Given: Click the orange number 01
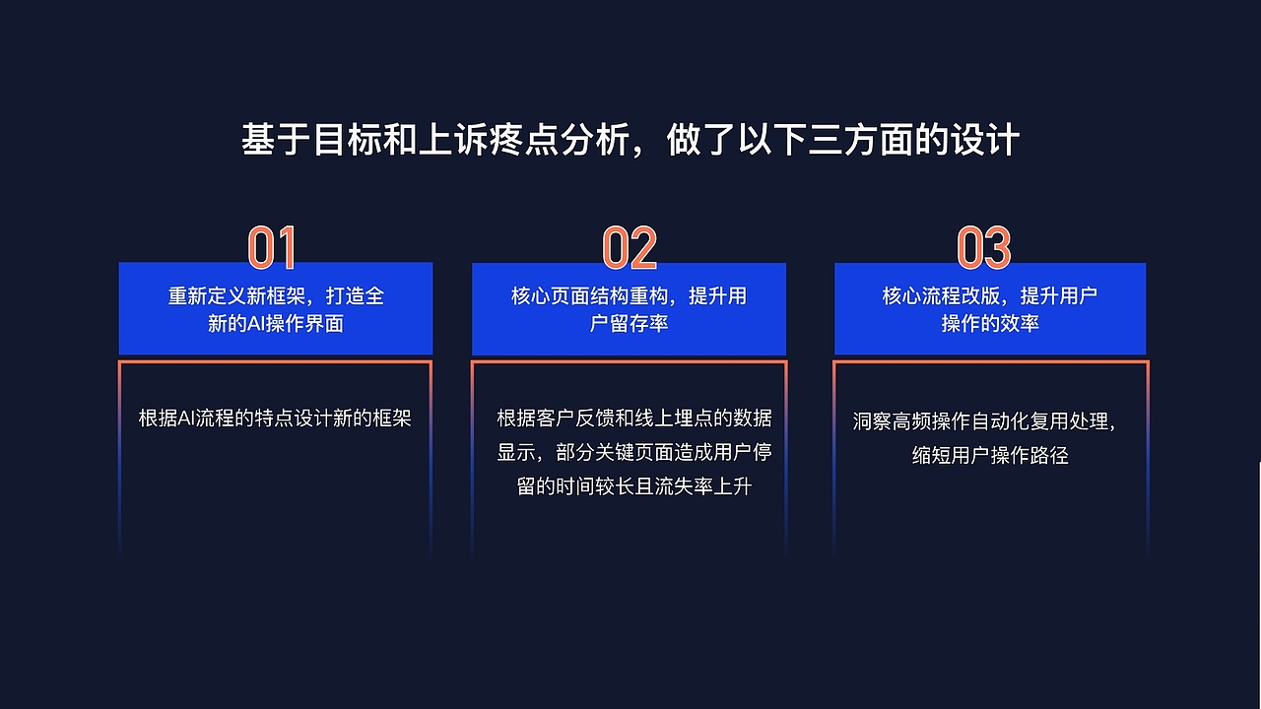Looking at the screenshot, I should coord(272,248).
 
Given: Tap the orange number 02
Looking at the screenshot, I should coord(630,248).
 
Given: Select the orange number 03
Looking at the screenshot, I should coord(984,248).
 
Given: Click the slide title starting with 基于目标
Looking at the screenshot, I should coord(630,140).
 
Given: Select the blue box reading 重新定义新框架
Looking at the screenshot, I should coord(276,308).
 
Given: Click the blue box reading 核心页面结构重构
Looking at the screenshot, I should coord(629,308).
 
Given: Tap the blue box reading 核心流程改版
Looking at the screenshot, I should coord(990,308).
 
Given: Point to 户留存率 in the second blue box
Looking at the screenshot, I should coord(629,324).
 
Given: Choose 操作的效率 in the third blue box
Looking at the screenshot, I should coord(990,324).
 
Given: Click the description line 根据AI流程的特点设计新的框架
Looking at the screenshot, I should coord(275,418).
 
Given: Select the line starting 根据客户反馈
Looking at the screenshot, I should coord(634,418).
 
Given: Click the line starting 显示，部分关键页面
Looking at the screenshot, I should coord(634,452).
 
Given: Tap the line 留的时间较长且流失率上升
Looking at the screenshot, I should coord(634,486).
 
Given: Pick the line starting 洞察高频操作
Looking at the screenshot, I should coord(984,421).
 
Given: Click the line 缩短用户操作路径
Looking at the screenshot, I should coord(990,456).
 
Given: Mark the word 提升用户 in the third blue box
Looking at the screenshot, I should coord(1059,296).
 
